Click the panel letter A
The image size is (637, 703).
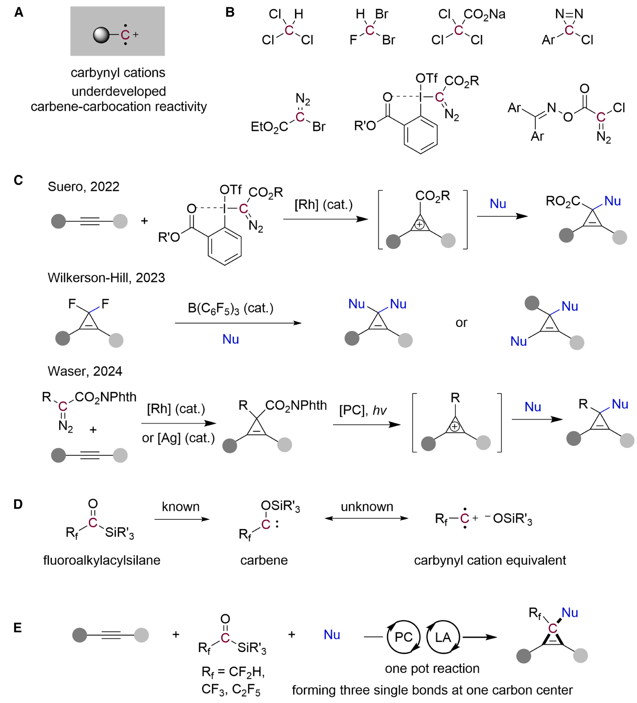pyautogui.click(x=19, y=13)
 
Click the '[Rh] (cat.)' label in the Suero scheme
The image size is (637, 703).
pyautogui.click(x=323, y=205)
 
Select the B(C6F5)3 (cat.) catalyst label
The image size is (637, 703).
pyautogui.click(x=231, y=308)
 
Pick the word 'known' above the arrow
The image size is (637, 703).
pyautogui.click(x=181, y=507)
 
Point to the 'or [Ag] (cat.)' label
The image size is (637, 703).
pyautogui.click(x=178, y=438)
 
